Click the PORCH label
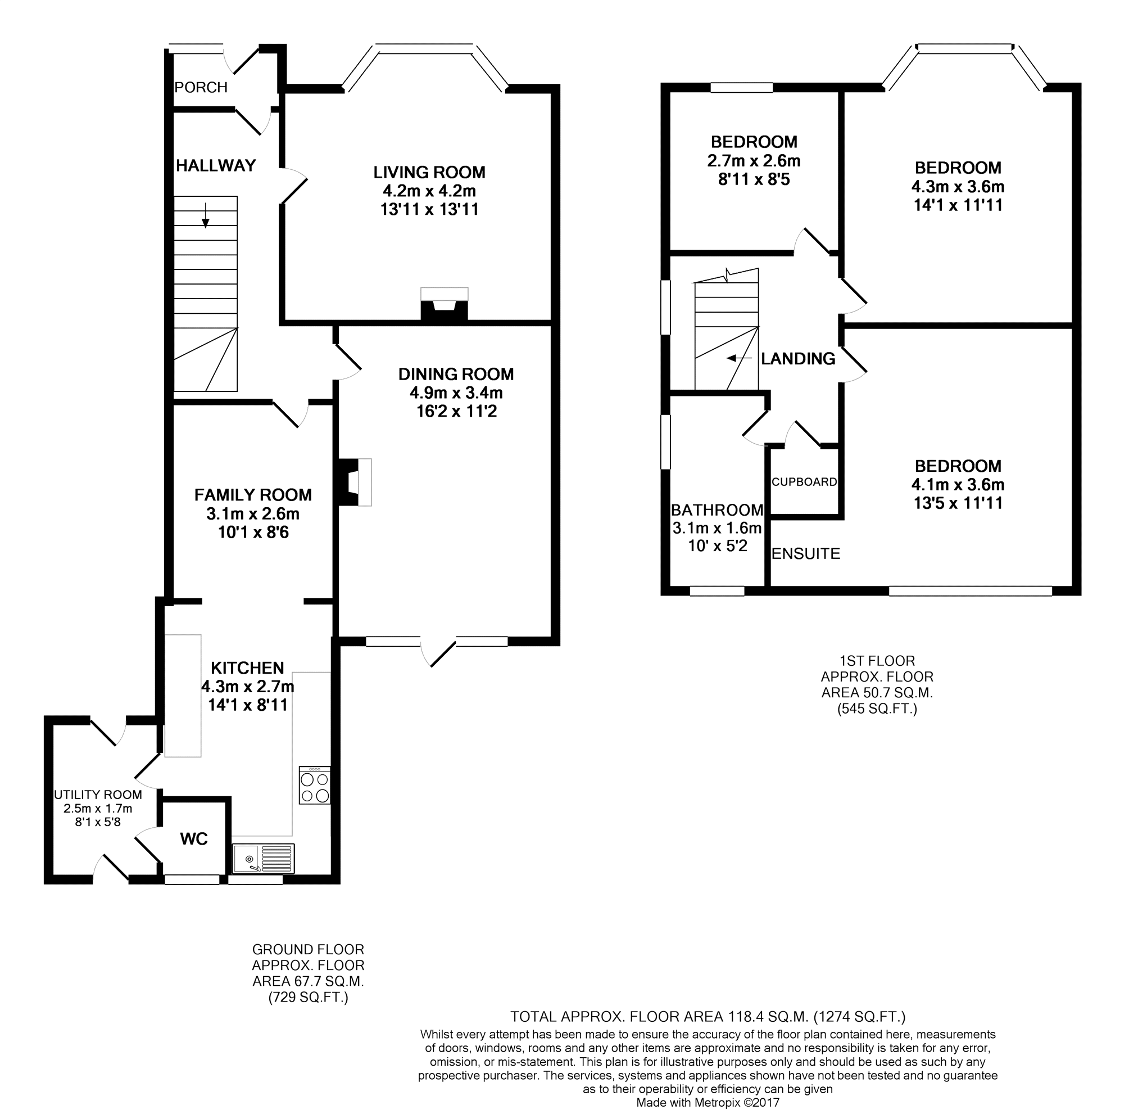[x=201, y=87]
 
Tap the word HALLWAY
[x=216, y=165]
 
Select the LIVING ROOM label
[x=429, y=172]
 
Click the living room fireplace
[x=445, y=304]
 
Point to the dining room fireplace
[x=353, y=481]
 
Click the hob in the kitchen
[x=315, y=785]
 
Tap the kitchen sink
[x=263, y=858]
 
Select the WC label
[x=193, y=839]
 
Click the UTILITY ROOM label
[x=98, y=795]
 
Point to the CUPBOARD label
[x=804, y=481]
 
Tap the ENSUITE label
[x=806, y=553]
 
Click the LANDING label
[x=797, y=359]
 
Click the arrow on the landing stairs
[x=739, y=358]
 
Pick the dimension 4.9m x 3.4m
[x=456, y=393]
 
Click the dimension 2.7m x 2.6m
[x=754, y=160]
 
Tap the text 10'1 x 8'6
[x=253, y=533]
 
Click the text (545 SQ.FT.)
[x=877, y=709]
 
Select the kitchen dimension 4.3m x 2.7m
[x=248, y=686]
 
